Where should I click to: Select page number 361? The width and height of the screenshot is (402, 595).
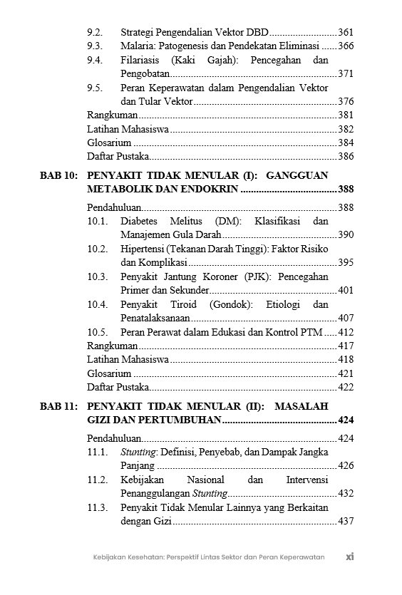(x=346, y=32)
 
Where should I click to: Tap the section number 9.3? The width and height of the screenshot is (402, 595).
(x=95, y=46)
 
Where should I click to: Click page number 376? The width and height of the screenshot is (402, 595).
(x=346, y=101)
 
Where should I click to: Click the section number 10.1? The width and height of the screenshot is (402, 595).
(x=98, y=221)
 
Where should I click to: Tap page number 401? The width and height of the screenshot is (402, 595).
(x=346, y=290)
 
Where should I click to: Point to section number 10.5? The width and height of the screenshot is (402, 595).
(x=98, y=332)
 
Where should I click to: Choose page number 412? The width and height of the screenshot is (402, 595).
(x=346, y=332)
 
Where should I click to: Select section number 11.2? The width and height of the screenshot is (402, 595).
(x=98, y=480)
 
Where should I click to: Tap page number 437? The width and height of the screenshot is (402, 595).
(x=346, y=521)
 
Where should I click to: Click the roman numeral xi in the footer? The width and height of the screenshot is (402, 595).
(x=349, y=557)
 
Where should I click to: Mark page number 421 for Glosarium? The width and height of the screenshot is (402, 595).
(x=346, y=373)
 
